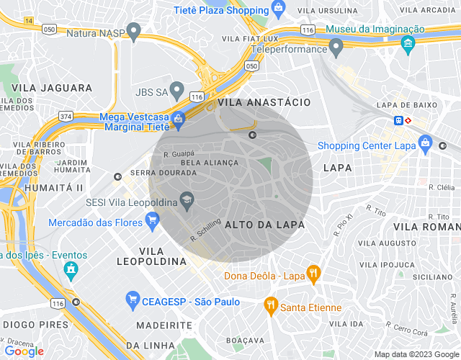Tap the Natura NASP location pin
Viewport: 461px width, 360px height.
133,31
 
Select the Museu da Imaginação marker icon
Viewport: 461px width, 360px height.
408,44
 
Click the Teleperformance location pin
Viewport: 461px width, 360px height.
336,48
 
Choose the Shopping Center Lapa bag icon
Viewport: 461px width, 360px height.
426,143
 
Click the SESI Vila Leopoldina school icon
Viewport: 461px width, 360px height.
187,201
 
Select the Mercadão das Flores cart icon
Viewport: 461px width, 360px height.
152,222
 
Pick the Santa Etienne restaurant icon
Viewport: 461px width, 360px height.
271,305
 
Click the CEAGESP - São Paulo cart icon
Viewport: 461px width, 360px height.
132,299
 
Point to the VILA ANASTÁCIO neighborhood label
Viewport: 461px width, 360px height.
269,103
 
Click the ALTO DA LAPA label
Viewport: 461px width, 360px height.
265,225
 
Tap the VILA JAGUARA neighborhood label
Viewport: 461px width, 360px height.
52,88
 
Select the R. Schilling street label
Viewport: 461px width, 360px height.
205,230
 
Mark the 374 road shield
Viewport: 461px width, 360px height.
66,116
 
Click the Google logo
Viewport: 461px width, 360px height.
24,351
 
